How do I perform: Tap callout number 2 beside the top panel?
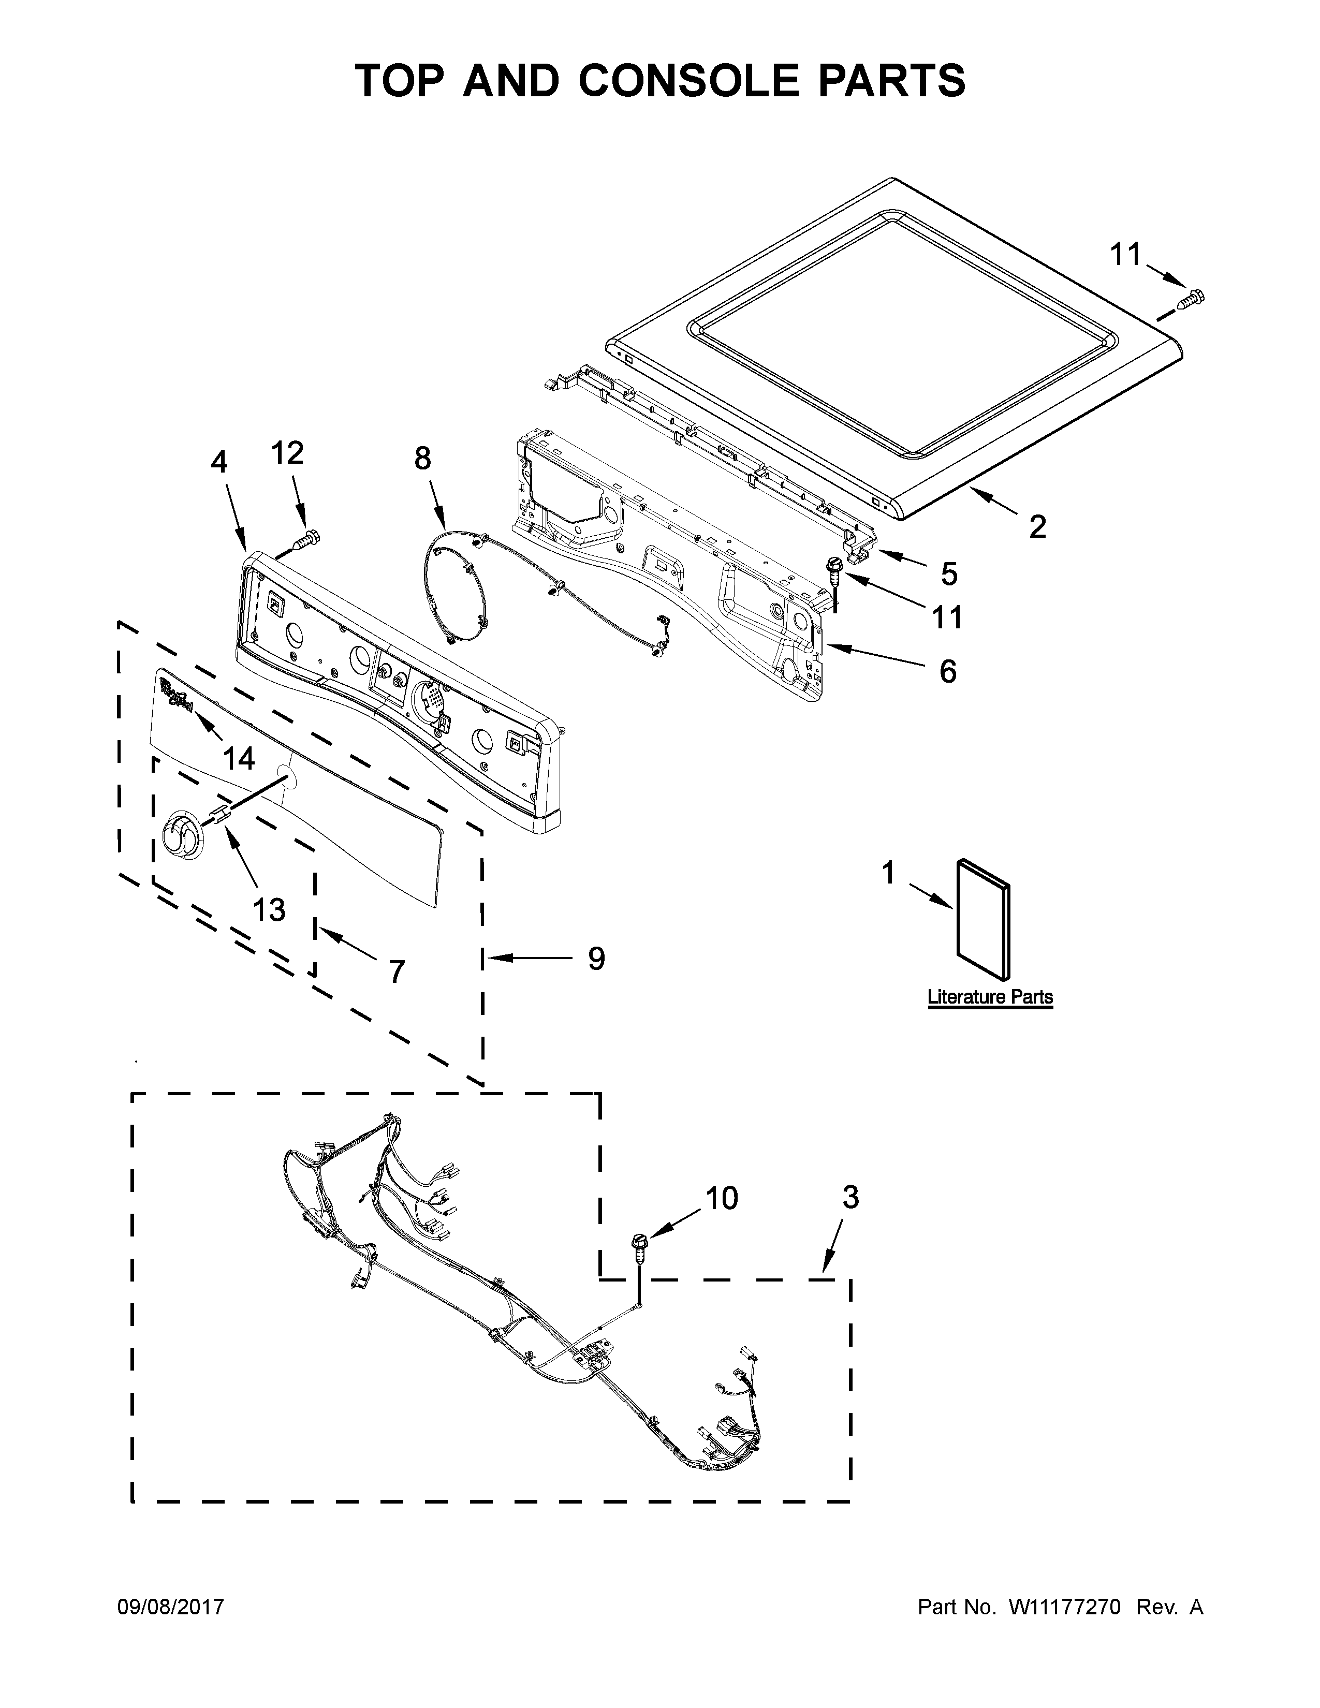point(1037,527)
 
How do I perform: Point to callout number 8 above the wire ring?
point(422,458)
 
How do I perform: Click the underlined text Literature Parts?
point(990,997)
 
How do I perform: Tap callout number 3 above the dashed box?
point(851,1197)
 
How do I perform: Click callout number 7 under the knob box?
point(397,972)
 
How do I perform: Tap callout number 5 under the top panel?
point(948,574)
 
